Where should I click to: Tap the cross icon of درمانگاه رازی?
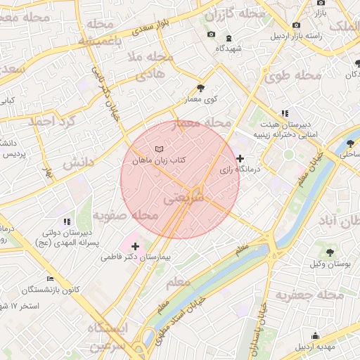pyautogui.click(x=241, y=158)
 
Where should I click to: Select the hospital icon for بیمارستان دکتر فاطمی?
pyautogui.click(x=135, y=247)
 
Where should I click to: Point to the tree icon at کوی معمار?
pyautogui.click(x=201, y=89)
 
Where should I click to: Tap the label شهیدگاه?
pyautogui.click(x=229, y=49)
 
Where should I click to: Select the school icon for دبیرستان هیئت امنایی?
pyautogui.click(x=285, y=112)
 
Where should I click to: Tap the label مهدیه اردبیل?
pyautogui.click(x=316, y=347)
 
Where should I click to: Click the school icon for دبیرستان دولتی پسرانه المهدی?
pyautogui.click(x=67, y=221)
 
